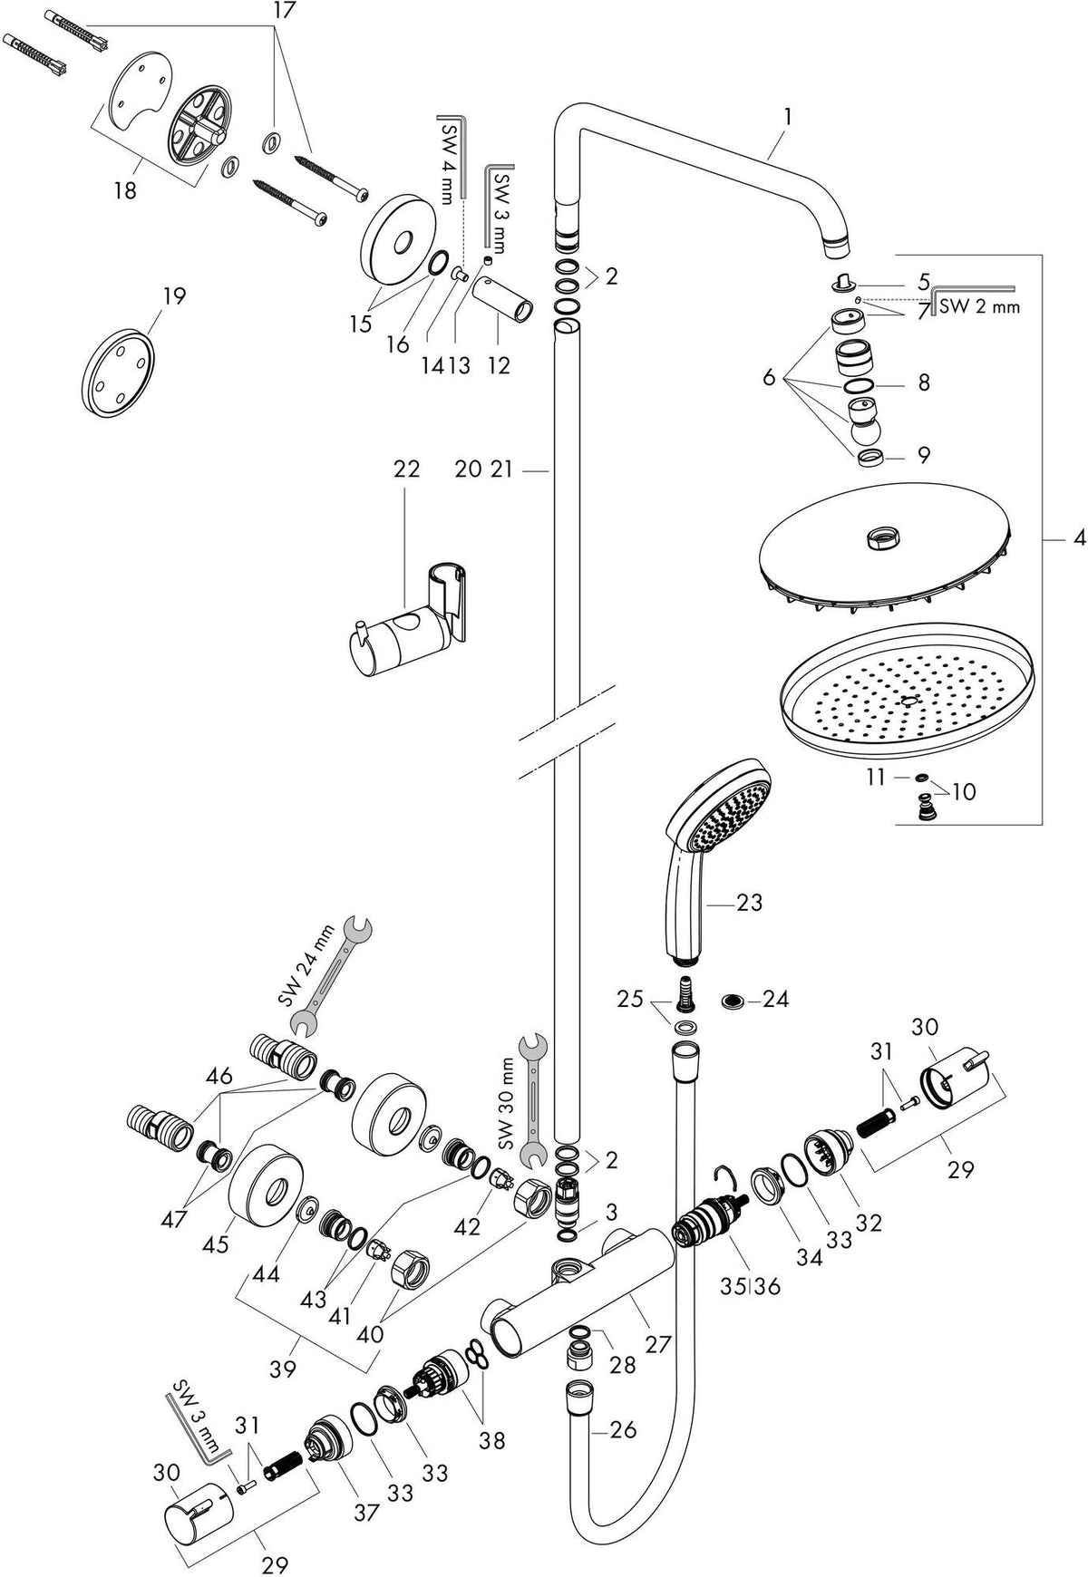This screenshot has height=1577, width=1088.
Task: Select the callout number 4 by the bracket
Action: [1078, 538]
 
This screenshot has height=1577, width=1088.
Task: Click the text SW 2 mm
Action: [978, 306]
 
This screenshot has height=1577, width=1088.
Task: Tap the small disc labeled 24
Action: [733, 1001]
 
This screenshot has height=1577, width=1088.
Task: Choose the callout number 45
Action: [215, 1245]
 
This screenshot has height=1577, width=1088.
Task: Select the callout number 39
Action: [284, 1369]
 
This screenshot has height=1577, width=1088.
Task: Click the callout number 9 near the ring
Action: [923, 454]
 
